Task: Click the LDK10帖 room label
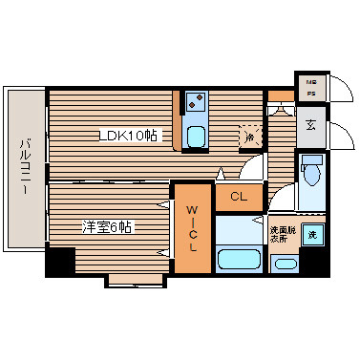(127, 135)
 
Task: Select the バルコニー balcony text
(24, 167)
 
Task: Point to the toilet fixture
(311, 172)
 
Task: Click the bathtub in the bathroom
(240, 260)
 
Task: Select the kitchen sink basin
(196, 135)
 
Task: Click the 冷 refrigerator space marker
(249, 137)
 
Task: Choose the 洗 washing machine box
(312, 232)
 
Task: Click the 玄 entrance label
(311, 124)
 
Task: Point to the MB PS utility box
(311, 88)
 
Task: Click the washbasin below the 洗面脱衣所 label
(284, 263)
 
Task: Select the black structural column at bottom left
(59, 262)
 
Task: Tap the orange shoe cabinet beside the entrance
(280, 95)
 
